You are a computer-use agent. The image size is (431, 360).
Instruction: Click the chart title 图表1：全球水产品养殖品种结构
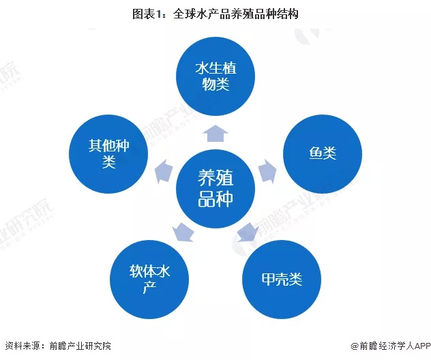(x=215, y=14)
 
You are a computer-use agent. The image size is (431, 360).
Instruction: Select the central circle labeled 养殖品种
(x=215, y=188)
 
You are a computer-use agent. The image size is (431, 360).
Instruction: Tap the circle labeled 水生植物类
(x=215, y=76)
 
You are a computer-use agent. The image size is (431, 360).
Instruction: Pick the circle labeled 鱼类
(x=323, y=153)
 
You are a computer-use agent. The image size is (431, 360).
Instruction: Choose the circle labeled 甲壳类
(x=282, y=280)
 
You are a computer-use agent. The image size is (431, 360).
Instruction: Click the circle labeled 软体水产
(x=149, y=280)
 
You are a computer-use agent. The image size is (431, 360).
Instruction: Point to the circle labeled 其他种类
(x=108, y=153)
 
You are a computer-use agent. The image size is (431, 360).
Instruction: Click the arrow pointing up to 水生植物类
(x=215, y=133)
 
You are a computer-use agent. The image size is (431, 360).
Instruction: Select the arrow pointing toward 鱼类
(x=267, y=171)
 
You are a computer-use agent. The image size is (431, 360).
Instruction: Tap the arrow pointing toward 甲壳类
(x=248, y=232)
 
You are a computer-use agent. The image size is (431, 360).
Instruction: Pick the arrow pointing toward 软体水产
(x=183, y=232)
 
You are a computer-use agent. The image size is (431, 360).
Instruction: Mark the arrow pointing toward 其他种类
(x=164, y=171)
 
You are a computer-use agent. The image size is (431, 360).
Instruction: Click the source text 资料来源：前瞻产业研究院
(x=58, y=346)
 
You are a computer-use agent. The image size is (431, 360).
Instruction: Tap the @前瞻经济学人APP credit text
(x=391, y=346)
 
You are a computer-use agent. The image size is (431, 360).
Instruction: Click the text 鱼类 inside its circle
(x=323, y=153)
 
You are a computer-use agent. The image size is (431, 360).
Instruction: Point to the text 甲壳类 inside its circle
(x=282, y=280)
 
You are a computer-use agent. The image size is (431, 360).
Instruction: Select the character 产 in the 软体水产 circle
(x=149, y=287)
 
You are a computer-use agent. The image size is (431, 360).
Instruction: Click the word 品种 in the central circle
(x=215, y=198)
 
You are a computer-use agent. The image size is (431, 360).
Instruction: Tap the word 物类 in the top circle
(x=215, y=84)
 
